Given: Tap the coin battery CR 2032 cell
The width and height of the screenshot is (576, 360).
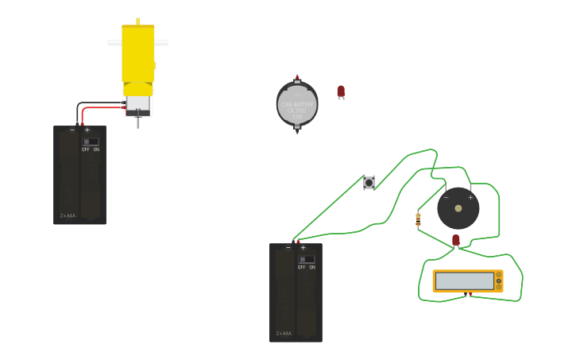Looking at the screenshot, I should [x=297, y=104].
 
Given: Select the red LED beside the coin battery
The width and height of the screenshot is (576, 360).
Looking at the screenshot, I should [x=341, y=91].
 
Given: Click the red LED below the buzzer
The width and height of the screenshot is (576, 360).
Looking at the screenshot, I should [x=456, y=239].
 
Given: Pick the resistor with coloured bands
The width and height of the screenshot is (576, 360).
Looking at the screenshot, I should [x=418, y=219].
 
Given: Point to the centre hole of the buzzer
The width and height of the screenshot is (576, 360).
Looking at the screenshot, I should [x=458, y=208].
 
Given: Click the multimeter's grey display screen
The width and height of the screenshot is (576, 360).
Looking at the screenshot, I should [x=465, y=281].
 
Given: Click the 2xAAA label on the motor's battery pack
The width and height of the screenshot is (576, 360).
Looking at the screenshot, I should [x=68, y=215].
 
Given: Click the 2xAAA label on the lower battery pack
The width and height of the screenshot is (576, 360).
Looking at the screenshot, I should [x=284, y=333].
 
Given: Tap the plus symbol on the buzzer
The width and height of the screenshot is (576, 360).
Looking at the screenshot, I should [x=470, y=197].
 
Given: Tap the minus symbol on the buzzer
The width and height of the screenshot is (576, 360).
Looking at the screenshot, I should [x=446, y=197].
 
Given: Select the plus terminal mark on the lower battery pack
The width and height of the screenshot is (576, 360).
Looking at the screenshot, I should [x=303, y=248].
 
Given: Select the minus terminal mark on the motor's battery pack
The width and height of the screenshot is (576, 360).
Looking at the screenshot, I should [x=72, y=130].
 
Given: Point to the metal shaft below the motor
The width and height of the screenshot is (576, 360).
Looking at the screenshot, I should [x=138, y=122].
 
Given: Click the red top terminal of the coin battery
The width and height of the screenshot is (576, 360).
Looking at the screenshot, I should [x=297, y=78].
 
